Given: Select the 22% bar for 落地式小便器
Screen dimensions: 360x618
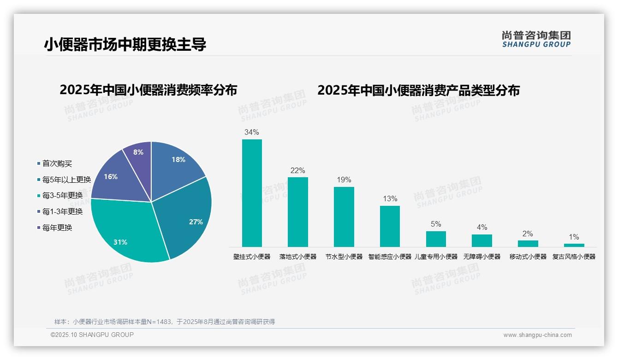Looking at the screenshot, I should tap(298, 212).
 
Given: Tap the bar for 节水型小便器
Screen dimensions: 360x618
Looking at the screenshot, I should tap(344, 216).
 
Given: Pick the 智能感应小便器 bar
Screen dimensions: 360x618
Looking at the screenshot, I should tap(390, 226).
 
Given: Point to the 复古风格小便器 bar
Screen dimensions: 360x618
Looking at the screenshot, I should tap(574, 245).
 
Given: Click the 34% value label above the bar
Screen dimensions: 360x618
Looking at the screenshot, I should tap(252, 132).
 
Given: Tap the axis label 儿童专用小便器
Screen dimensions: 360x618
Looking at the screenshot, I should tap(436, 257).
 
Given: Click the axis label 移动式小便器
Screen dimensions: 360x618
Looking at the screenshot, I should tap(528, 257).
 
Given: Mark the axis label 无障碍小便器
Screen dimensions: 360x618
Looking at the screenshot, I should tap(482, 257).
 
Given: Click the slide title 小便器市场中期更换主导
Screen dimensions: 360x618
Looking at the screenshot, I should tap(125, 44).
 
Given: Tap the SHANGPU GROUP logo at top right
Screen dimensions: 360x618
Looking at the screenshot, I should tap(536, 39).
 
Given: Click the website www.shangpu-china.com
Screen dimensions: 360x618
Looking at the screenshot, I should tap(537, 335).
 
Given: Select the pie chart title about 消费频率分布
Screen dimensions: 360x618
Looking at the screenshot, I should tap(148, 90).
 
